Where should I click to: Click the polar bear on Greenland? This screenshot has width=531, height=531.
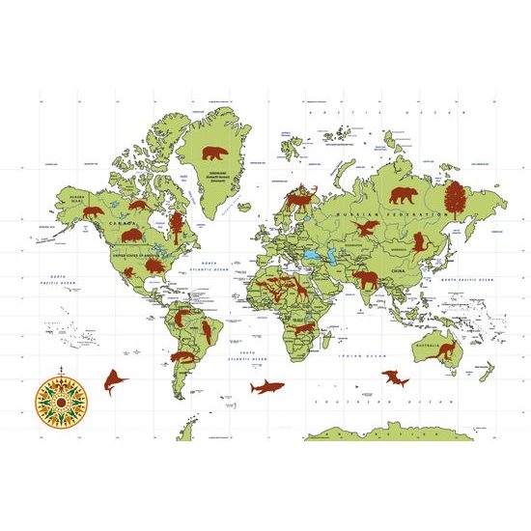pos(213,154)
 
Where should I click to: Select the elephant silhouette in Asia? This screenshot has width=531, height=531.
pos(367,279)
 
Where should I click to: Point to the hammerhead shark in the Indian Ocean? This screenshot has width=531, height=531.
pos(395,378)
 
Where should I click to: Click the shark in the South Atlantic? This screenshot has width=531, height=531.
pos(266,387)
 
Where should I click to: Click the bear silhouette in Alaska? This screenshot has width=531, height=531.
pos(93,211)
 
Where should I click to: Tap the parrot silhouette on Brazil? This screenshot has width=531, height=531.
pos(205,331)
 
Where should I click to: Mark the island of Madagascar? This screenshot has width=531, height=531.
pos(326,345)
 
